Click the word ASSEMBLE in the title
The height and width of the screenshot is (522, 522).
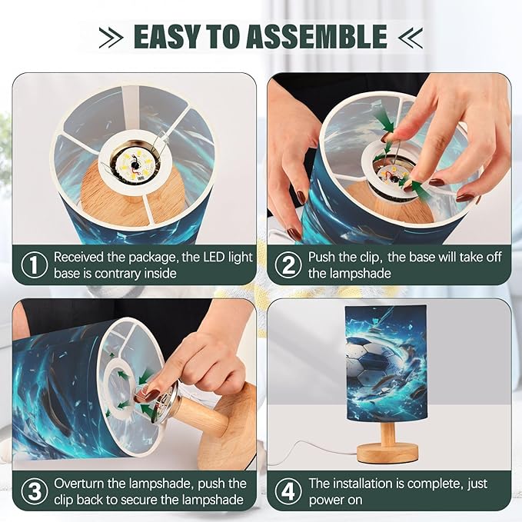pyautogui.click(x=318, y=36)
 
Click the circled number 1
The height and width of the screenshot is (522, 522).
pyautogui.click(x=34, y=265)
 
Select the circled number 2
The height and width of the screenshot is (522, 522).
pyautogui.click(x=288, y=265)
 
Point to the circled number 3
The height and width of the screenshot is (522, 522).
pyautogui.click(x=34, y=491)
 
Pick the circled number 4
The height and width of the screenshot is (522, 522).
pyautogui.click(x=288, y=491)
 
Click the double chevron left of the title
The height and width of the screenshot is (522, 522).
pyautogui.click(x=111, y=37)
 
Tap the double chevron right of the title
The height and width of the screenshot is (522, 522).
pyautogui.click(x=411, y=37)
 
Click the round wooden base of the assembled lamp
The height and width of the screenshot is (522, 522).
pyautogui.click(x=387, y=454)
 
